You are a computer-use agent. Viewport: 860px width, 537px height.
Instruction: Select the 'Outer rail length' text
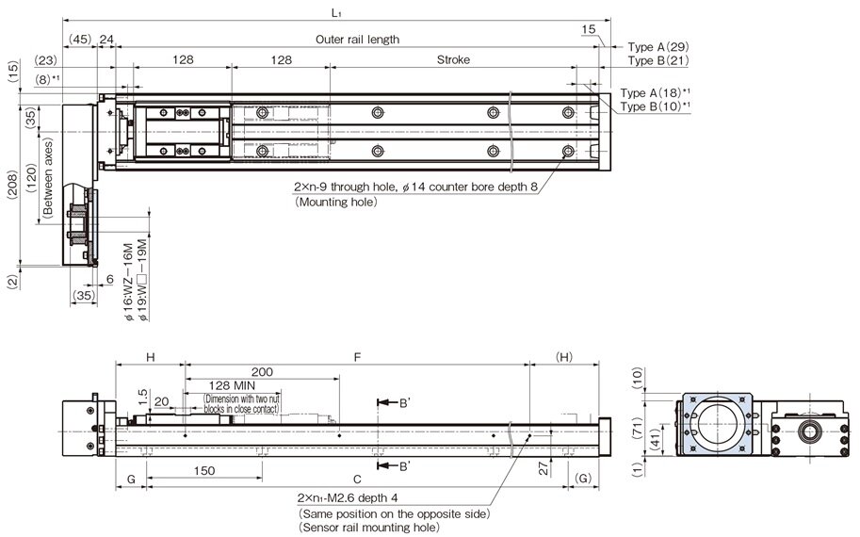[357, 40]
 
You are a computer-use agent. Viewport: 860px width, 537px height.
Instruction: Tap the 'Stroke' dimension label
[453, 59]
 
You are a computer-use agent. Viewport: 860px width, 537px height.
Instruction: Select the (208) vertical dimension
[10, 185]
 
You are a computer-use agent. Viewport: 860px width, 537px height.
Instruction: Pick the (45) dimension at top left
[80, 40]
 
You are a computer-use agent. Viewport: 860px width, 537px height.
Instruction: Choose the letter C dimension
[356, 478]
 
